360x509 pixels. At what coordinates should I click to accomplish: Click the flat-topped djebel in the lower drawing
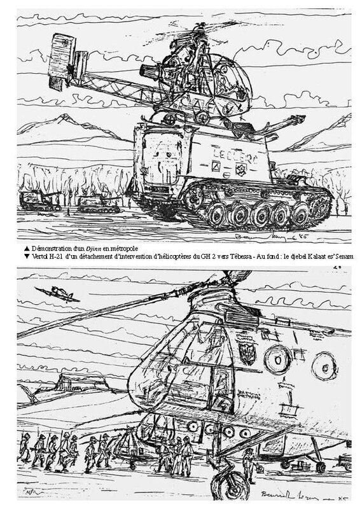coord(76,382)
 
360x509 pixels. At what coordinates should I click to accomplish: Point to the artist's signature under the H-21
coord(280,496)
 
